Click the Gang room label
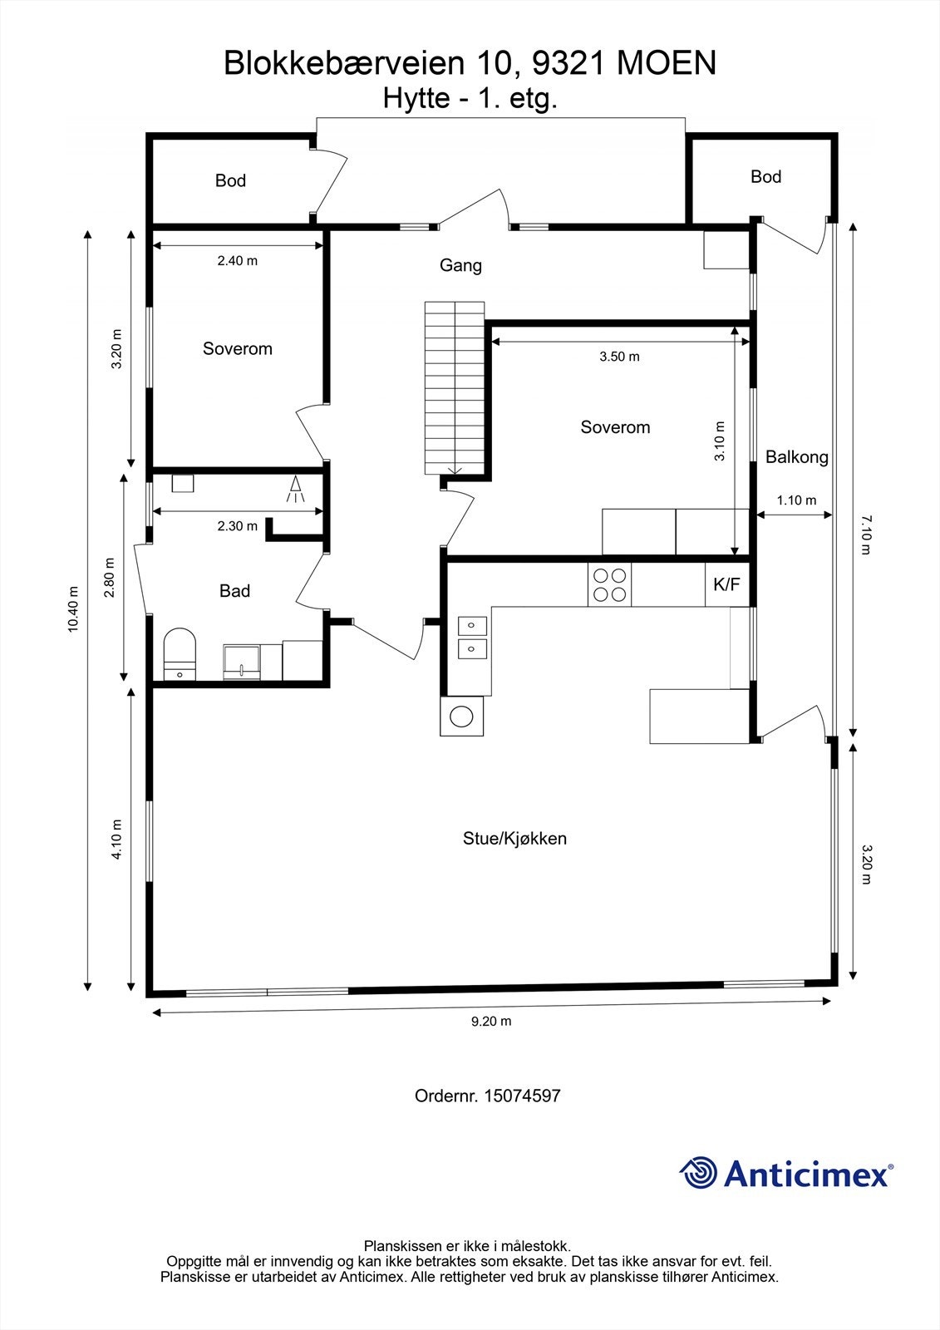460,265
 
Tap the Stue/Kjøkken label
514,838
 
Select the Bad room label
234,591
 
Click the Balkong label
796,456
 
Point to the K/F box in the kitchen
726,584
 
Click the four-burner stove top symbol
609,584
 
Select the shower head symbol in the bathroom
295,489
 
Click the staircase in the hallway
454,387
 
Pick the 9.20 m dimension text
491,1021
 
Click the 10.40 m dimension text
73,609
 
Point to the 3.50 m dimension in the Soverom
619,357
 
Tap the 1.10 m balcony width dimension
796,500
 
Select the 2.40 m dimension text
238,260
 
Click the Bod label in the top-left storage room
230,180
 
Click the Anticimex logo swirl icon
698,1173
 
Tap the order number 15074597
522,1096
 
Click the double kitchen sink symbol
472,637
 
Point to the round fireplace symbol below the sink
460,716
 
